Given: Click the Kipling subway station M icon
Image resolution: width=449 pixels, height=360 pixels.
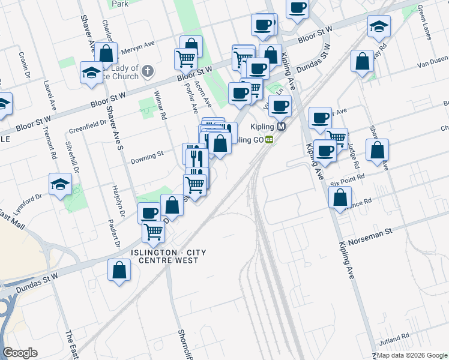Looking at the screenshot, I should (281, 127).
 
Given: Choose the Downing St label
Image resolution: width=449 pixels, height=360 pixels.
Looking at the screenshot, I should (147, 155).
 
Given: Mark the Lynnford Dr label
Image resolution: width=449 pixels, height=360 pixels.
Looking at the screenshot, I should (28, 197).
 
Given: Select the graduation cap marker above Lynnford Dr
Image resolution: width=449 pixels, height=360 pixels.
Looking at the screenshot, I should (60, 185).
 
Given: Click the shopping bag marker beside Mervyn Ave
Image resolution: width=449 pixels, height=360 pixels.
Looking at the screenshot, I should (106, 53).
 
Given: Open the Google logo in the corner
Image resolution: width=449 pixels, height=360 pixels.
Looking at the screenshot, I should (20, 353).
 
